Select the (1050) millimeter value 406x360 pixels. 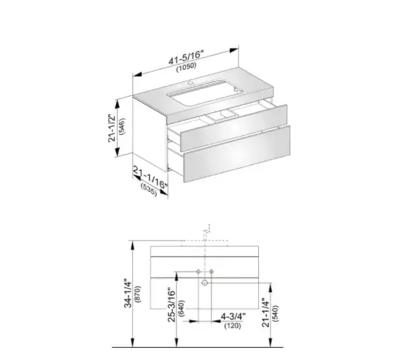(x=186, y=67)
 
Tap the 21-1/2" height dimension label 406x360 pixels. (x=112, y=128)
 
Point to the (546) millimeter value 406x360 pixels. (x=122, y=127)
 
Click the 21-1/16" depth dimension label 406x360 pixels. (x=151, y=178)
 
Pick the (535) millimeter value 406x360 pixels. (x=149, y=190)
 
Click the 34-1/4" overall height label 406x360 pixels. (x=128, y=293)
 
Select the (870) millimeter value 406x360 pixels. (x=138, y=294)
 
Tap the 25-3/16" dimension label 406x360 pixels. (x=171, y=305)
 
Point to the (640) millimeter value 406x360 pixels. (x=181, y=308)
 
